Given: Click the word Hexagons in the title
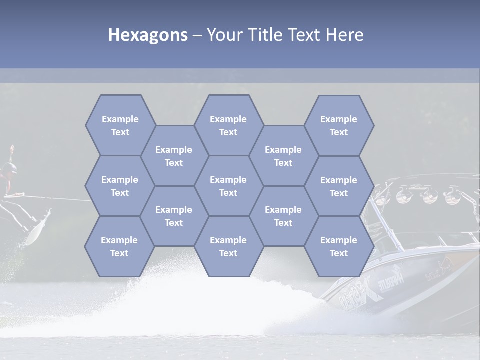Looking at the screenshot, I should pyautogui.click(x=148, y=35).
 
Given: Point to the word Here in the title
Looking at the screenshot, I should pyautogui.click(x=344, y=35).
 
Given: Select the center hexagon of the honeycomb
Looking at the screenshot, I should pyautogui.click(x=228, y=186).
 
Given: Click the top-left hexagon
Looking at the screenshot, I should pyautogui.click(x=120, y=125).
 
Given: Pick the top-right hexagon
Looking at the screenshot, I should pyautogui.click(x=339, y=125).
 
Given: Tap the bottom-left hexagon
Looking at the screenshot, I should pyautogui.click(x=119, y=246).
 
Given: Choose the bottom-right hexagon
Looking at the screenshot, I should pyautogui.click(x=339, y=246).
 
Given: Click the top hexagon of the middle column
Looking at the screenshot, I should pyautogui.click(x=228, y=125).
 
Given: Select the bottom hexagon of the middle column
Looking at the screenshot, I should pyautogui.click(x=228, y=246).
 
